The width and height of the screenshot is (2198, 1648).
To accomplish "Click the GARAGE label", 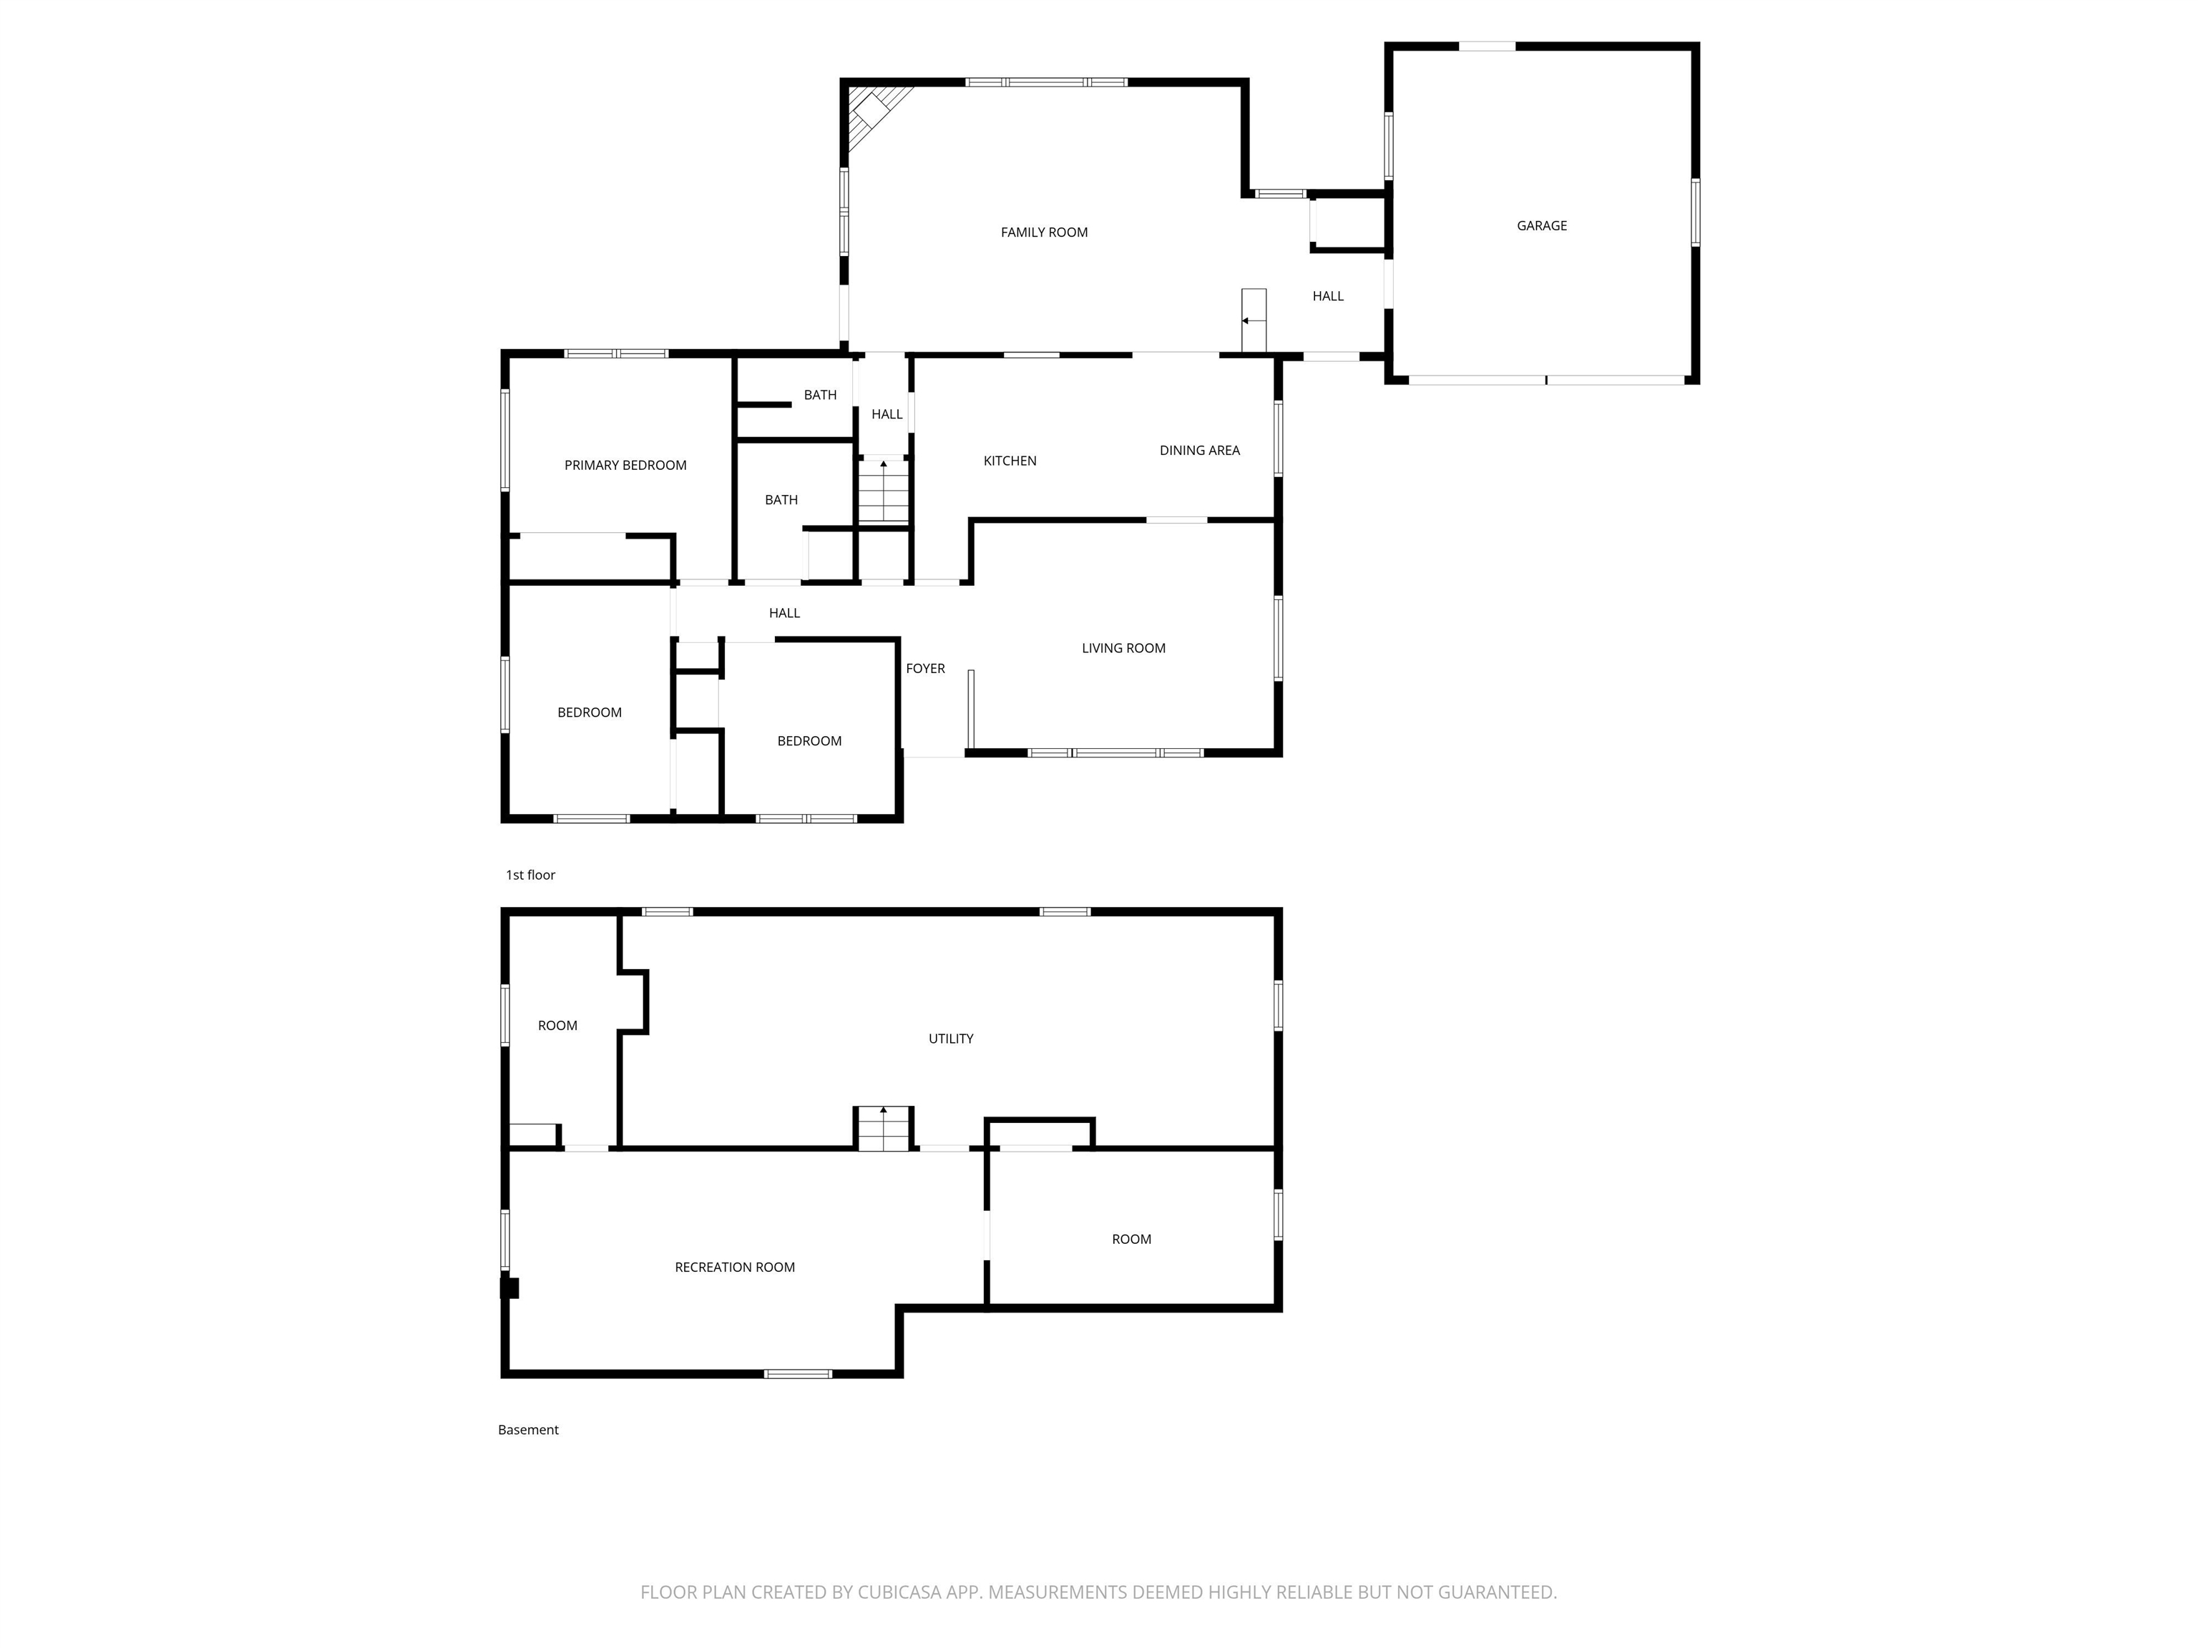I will click(x=1541, y=225).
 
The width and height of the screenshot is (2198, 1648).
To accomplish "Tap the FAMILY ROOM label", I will click(x=1043, y=232).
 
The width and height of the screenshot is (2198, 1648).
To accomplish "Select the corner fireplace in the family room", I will click(x=874, y=112).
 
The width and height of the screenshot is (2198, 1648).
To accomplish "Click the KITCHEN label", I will click(x=1010, y=461).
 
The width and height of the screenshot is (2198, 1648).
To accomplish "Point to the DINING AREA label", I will click(x=1199, y=450).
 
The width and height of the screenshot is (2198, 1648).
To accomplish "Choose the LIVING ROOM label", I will click(x=1123, y=647).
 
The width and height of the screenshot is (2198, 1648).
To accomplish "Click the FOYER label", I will click(x=925, y=669).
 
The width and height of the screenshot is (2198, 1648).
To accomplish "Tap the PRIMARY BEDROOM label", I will click(x=625, y=465).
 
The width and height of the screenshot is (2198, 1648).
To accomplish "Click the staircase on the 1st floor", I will click(x=884, y=491).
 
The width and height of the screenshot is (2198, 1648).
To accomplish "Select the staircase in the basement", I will click(x=884, y=1129).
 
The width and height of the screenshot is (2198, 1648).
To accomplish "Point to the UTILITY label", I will click(x=950, y=1038).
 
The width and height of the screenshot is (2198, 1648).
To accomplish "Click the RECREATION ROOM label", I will click(x=734, y=1267).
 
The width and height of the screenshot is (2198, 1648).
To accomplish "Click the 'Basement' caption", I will click(x=527, y=1429).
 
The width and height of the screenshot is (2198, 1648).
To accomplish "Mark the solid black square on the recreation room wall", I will click(x=509, y=1287).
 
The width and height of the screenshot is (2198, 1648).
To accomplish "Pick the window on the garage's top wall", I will click(x=1487, y=46).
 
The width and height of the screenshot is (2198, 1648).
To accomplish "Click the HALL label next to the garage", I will click(x=1327, y=296).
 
